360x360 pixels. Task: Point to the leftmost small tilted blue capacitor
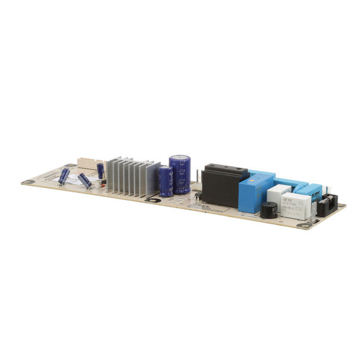(x=64, y=176)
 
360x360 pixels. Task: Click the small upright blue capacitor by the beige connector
(x=100, y=170)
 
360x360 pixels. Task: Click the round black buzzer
(x=268, y=211)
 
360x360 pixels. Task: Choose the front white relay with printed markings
(x=296, y=205)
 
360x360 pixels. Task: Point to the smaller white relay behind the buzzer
(x=278, y=194)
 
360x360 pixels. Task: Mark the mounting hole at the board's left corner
(x=25, y=182)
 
